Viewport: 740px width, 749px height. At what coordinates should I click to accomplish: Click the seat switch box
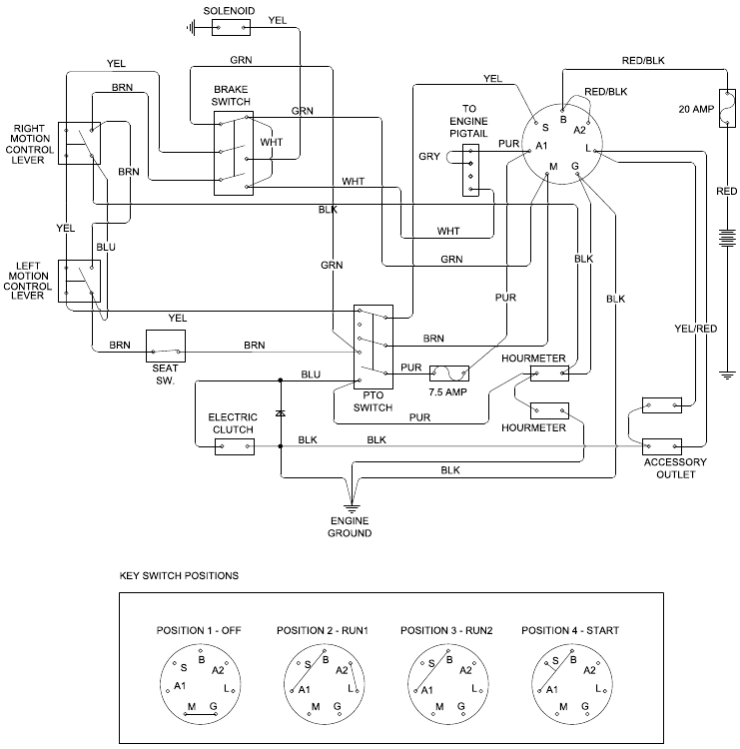click(167, 346)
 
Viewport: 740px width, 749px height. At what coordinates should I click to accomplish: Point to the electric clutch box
click(235, 445)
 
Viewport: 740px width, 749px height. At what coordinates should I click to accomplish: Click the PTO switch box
click(373, 346)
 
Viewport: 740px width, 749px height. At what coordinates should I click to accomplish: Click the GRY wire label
click(429, 157)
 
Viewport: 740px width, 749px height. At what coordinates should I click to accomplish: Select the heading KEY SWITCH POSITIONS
click(179, 576)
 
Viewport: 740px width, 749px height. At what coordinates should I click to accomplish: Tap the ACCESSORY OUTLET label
click(674, 468)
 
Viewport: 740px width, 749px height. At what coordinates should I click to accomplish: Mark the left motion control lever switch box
click(78, 281)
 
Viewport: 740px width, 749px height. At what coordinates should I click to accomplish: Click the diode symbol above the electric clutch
click(281, 411)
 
